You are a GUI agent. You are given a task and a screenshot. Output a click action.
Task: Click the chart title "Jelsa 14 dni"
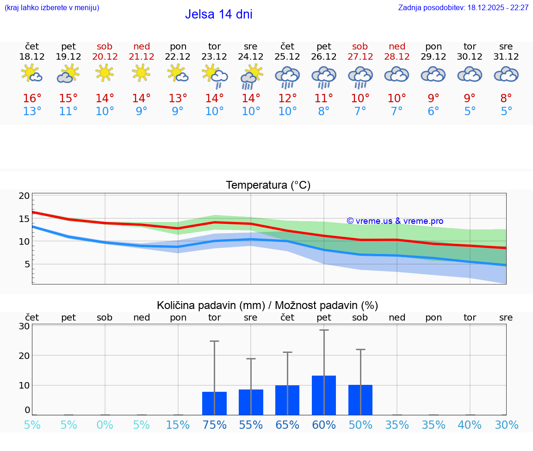point(218,14)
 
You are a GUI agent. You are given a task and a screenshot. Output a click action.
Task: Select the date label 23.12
point(214,57)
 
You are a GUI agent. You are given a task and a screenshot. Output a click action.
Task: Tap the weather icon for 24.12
point(251,76)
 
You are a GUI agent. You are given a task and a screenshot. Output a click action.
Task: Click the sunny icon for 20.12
point(105,73)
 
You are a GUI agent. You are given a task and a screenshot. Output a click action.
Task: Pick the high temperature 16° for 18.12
point(32,99)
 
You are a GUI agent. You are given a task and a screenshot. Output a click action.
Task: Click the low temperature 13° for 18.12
point(32,111)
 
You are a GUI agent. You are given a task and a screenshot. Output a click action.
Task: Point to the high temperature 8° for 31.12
point(506,99)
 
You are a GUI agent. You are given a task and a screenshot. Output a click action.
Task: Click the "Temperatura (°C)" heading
point(268,185)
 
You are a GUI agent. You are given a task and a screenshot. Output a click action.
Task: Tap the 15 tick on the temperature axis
point(24,219)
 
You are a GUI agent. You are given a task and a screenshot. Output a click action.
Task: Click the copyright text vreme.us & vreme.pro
point(395,221)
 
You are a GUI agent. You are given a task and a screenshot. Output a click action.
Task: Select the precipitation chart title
point(267,305)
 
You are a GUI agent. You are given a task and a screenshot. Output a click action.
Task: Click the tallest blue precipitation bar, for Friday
point(324,395)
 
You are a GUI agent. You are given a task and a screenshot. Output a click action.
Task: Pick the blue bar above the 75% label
point(214,403)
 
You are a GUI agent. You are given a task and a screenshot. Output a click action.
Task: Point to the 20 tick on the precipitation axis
point(24,356)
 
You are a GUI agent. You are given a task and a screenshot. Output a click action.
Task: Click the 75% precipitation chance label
point(214,425)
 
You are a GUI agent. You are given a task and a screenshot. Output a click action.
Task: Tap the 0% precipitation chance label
point(105,425)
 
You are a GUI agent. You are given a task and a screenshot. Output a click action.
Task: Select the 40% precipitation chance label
point(470,425)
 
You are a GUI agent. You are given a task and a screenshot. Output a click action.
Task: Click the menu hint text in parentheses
point(52,8)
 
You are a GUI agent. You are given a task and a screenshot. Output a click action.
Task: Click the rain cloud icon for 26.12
point(324,76)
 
